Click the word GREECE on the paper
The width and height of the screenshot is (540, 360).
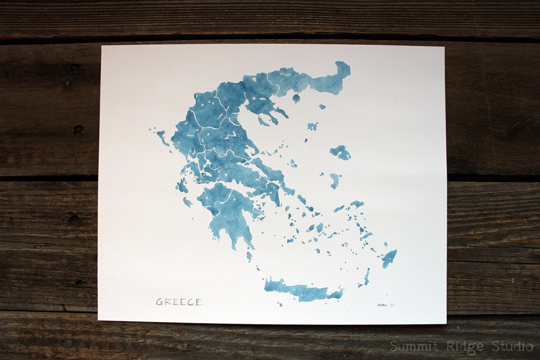(x=179, y=302)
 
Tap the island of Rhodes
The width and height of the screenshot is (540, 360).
(x=389, y=258)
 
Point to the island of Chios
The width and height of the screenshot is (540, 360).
(x=335, y=180)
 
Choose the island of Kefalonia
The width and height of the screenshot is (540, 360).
(x=182, y=186)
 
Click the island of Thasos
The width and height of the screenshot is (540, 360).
(x=296, y=98)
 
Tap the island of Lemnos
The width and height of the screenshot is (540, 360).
(x=313, y=126)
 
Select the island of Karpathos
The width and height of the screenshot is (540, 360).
(x=367, y=277)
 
